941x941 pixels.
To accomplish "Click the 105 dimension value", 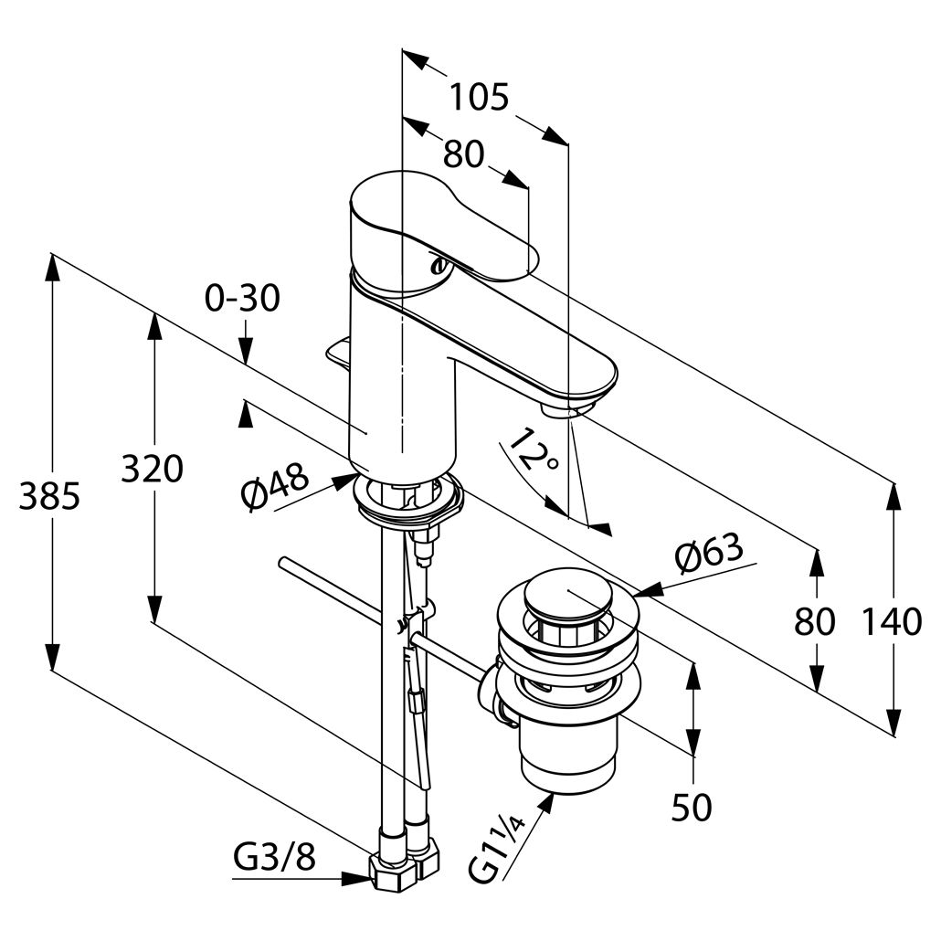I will click(478, 96).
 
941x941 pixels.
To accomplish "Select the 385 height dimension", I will click(50, 498).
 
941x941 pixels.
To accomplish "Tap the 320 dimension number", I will click(153, 470).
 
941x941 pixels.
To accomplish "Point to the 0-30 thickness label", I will click(242, 298).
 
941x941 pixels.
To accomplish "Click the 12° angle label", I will click(533, 454).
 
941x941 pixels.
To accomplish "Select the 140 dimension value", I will click(892, 622).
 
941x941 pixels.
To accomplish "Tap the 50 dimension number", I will click(692, 807).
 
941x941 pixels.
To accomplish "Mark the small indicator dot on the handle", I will click(441, 266).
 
